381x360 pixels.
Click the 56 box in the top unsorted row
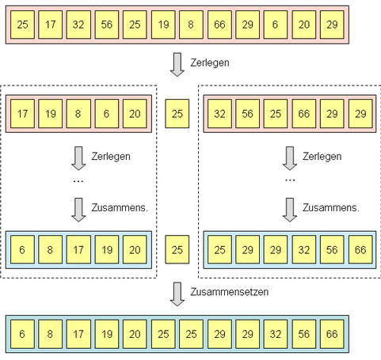coord(107,25)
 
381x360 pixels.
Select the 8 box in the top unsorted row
coord(191,25)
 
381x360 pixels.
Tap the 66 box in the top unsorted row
coord(219,25)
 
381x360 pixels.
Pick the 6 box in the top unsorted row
coord(275,25)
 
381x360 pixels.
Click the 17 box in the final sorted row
coord(78,334)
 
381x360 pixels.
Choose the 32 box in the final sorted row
coord(275,334)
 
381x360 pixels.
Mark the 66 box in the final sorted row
coord(332,334)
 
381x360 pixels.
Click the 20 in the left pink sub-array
coord(135,114)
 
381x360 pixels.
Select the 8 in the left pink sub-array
coord(78,114)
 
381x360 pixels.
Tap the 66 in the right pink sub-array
coord(304,114)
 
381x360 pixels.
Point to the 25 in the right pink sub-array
coord(275,114)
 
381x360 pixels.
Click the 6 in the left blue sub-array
coord(22,249)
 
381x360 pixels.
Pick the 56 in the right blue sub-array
coord(332,249)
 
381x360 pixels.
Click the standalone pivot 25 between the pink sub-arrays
coord(177,114)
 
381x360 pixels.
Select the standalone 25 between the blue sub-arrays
coord(177,249)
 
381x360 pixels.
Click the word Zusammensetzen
coord(230,292)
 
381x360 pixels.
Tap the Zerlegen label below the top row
coord(210,63)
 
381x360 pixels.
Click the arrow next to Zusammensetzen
coord(177,294)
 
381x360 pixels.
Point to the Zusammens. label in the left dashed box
coord(120,207)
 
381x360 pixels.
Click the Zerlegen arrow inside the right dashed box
coord(290,158)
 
